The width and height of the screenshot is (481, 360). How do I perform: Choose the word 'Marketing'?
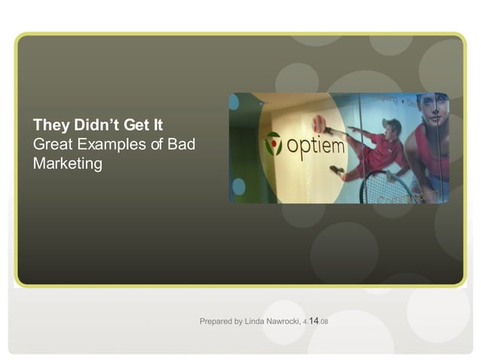click(67, 163)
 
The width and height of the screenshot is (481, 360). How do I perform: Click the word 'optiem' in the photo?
click(316, 144)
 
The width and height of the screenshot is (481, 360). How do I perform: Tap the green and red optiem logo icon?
click(274, 143)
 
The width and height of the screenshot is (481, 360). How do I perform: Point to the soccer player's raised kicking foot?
click(329, 130)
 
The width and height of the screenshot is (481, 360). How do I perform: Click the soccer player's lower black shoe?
click(336, 170)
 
